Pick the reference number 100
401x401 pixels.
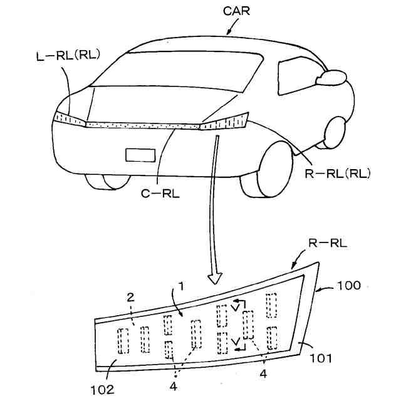(x=348, y=285)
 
